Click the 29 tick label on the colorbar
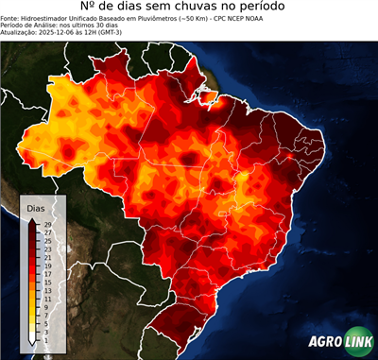[x=47, y=224]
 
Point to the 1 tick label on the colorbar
[x=45, y=341]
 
